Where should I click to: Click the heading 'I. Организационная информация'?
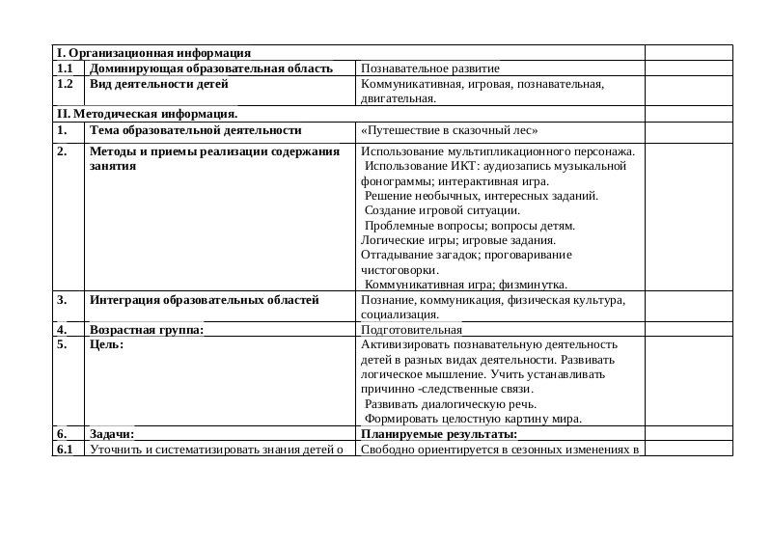[153, 53]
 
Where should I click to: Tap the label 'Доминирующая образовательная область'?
[210, 68]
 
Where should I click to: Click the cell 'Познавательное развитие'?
[429, 68]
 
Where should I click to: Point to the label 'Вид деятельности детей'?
[158, 84]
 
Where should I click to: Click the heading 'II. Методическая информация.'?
[147, 114]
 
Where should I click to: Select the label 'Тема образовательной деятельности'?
[195, 129]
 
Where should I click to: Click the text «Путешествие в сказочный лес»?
[448, 130]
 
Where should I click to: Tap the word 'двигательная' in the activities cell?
[396, 98]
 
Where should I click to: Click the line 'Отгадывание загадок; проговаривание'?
[466, 255]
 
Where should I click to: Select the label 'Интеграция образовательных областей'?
[204, 300]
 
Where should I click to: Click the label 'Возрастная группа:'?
[146, 330]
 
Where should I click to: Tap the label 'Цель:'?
[106, 344]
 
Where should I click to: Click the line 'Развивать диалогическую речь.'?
[451, 404]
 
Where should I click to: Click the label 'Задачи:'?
[111, 434]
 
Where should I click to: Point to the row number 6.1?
[65, 450]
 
